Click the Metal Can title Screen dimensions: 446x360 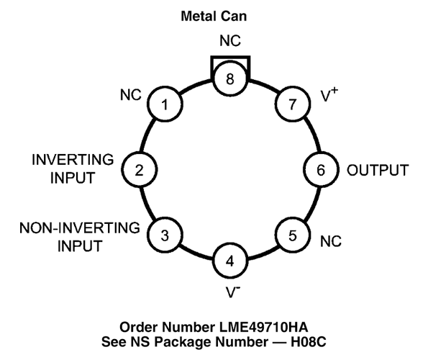(214, 16)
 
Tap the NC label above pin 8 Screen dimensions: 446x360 (230, 41)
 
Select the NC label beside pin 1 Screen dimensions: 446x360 (130, 95)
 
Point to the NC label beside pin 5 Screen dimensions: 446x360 (331, 241)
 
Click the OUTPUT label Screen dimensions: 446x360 (378, 170)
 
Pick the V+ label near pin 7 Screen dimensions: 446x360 (329, 95)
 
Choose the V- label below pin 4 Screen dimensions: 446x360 (233, 292)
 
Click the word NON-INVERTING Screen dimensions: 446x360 (80, 228)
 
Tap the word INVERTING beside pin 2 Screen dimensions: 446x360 (73, 160)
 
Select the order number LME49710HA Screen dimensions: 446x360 (263, 328)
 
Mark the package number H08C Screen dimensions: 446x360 (308, 342)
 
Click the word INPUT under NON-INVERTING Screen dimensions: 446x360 (80, 246)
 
